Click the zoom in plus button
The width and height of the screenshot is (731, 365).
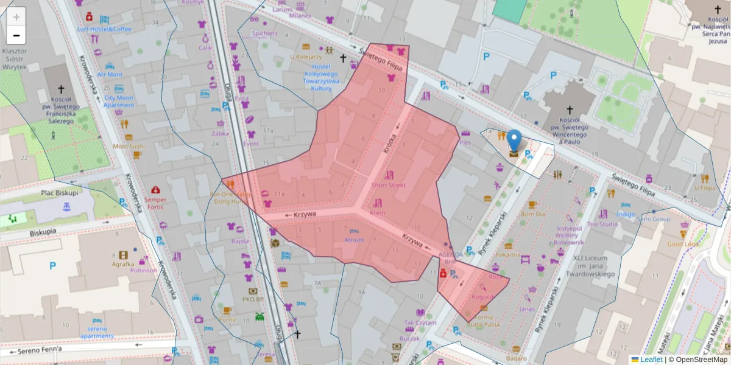click(x=16, y=17)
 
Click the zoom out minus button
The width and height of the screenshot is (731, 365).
click(x=16, y=35)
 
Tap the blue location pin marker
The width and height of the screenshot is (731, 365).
click(x=515, y=141)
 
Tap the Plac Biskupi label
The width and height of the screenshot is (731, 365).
click(x=60, y=193)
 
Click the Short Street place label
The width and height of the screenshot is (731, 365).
click(x=388, y=185)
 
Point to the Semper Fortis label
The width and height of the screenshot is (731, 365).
click(x=156, y=203)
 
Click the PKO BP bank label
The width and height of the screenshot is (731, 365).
click(x=253, y=299)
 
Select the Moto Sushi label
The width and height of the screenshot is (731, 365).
click(x=129, y=146)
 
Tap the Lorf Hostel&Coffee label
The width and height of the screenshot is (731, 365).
click(x=104, y=29)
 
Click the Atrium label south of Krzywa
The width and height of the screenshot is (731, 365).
click(x=354, y=240)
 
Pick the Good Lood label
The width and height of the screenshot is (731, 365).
click(x=683, y=244)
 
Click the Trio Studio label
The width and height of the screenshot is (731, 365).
click(x=602, y=224)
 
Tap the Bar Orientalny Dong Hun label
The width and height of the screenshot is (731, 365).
click(x=230, y=196)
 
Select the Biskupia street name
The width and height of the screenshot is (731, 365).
click(x=42, y=232)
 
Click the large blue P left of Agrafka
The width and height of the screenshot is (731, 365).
click(x=52, y=265)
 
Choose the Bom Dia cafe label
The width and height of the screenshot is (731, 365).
click(x=532, y=214)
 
